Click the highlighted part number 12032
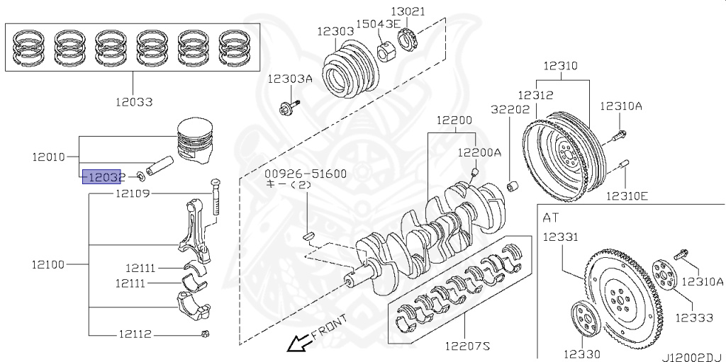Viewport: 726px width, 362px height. pos(104,177)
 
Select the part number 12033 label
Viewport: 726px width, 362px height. pos(134,101)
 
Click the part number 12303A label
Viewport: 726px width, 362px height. pos(289,79)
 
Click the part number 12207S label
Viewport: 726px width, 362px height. pos(467,346)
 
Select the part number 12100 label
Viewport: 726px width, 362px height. pos(48,265)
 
